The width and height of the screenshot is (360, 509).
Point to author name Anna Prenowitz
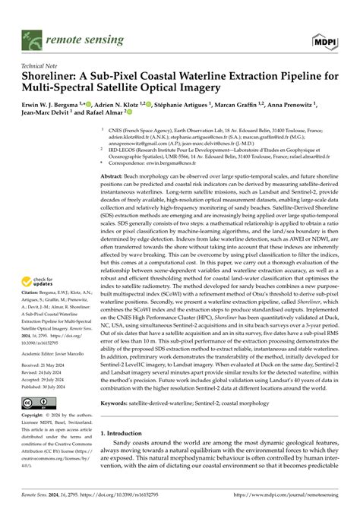tap(312, 104)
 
